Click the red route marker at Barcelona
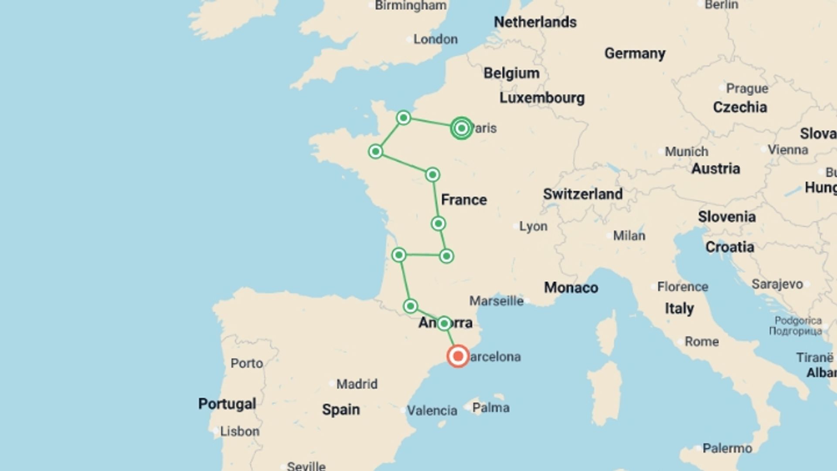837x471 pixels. (458, 356)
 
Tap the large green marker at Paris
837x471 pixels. (461, 128)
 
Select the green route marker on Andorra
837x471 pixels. (444, 323)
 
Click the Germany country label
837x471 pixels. (635, 53)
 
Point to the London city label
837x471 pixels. (435, 39)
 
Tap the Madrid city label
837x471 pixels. (357, 384)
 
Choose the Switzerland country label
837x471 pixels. (582, 194)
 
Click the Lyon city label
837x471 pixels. (533, 226)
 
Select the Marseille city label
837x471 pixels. (496, 300)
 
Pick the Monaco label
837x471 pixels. (571, 287)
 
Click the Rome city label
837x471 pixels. (701, 341)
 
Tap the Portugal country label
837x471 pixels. (227, 403)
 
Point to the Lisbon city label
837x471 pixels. (239, 431)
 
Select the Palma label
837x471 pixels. (490, 407)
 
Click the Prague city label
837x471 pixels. (747, 88)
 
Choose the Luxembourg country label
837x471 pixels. (542, 98)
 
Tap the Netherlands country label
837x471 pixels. (535, 22)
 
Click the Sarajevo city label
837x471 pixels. (777, 284)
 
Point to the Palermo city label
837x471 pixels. (727, 448)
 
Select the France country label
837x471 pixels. (464, 200)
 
